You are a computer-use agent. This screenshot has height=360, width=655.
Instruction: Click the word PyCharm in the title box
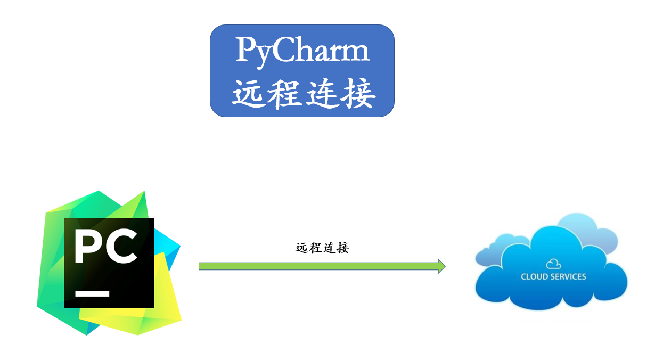tap(302, 51)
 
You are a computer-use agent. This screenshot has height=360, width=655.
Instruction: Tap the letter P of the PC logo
tap(89, 247)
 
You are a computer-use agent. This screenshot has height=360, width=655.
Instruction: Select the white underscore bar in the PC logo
tap(92, 293)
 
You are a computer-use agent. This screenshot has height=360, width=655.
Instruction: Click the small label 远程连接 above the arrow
tap(322, 248)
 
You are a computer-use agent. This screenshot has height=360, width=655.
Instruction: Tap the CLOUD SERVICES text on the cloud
tap(553, 276)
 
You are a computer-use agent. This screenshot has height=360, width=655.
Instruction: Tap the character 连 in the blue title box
tap(322, 94)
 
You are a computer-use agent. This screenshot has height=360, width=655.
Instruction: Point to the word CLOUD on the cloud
tap(534, 276)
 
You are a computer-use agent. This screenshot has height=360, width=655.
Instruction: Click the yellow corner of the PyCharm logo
tap(160, 314)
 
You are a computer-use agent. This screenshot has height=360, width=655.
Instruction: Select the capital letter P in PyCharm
tap(245, 51)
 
